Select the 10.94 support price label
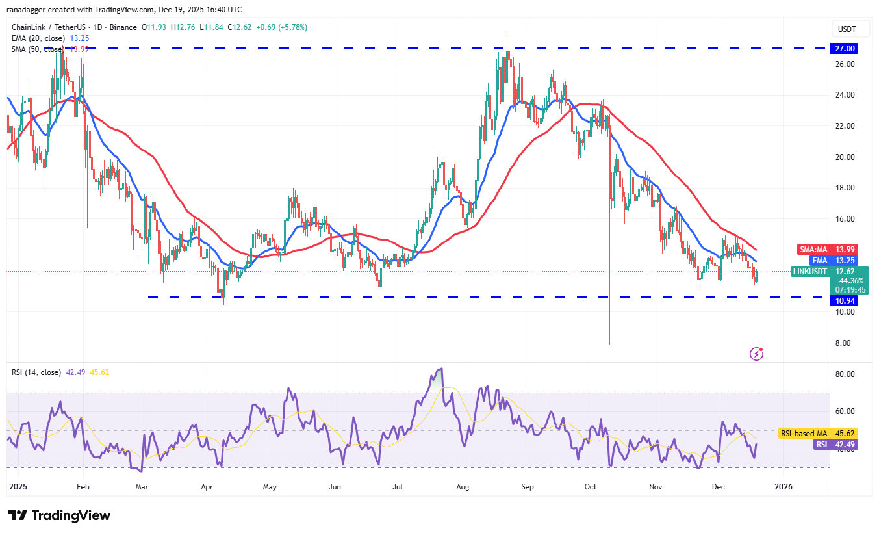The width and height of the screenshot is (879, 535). (845, 301)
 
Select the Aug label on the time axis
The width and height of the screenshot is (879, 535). (463, 486)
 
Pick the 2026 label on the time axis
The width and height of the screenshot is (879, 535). (783, 486)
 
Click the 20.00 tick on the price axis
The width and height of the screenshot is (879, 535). (845, 157)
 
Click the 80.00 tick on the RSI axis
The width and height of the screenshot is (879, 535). (845, 374)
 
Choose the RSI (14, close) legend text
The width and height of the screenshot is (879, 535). (37, 372)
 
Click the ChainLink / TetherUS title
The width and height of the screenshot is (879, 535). (57, 27)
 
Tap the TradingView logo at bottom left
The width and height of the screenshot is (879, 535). (59, 515)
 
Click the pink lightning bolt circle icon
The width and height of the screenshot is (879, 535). (756, 354)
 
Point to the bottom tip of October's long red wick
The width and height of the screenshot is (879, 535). (609, 344)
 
